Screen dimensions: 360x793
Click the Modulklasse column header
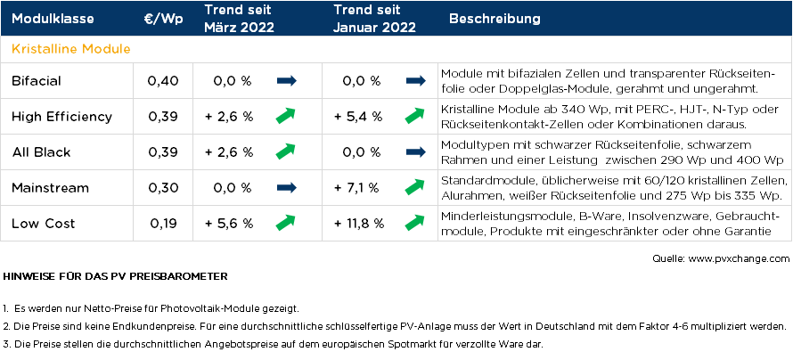pos(52,19)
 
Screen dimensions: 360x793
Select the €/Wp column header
pos(163,19)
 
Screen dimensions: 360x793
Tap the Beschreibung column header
pos(495,19)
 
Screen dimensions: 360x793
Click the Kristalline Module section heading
pos(71,48)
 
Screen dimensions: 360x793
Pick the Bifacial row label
pos(37,81)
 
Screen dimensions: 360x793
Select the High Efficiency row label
pos(61,116)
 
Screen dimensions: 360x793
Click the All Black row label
pos(41,151)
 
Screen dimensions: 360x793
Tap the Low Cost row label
pos(44,223)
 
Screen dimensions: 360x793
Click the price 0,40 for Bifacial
pos(163,81)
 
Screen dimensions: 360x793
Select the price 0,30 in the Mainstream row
pos(163,187)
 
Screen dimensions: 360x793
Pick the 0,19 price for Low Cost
pos(163,223)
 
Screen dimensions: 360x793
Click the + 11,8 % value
pos(359,223)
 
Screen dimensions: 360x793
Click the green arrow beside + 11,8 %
pos(414,222)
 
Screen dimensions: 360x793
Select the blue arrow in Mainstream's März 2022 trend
pos(286,187)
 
